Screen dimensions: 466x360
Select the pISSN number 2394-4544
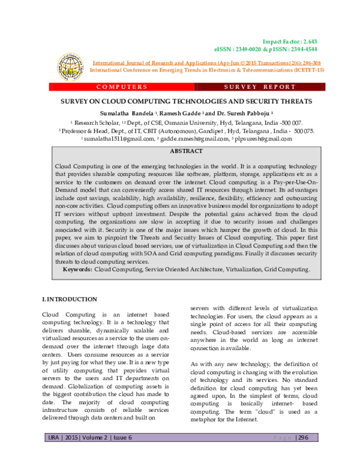coord(303,49)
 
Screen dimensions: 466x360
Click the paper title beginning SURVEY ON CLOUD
coord(179,102)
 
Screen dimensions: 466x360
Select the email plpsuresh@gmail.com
coord(255,138)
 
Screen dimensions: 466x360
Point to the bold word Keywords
coord(77,270)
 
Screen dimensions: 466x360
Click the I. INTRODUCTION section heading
coord(69,298)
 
